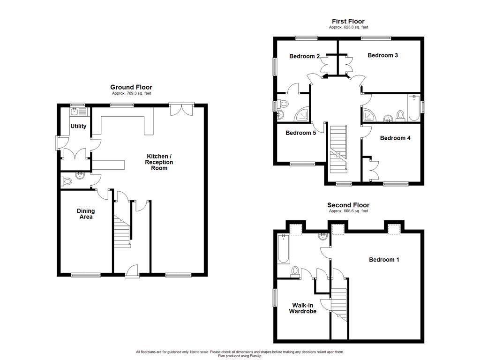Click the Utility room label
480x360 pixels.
78,126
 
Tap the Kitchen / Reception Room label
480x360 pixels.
159,162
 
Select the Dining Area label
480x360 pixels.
85,214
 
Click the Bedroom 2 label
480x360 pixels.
304,56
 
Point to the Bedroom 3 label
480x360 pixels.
382,55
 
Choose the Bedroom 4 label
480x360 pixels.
395,138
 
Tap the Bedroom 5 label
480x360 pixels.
300,133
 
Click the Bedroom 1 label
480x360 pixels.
384,260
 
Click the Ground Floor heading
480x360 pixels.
131,87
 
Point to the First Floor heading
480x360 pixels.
348,21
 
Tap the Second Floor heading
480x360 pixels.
348,205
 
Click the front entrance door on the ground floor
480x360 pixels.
132,271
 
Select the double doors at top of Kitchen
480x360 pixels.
181,108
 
